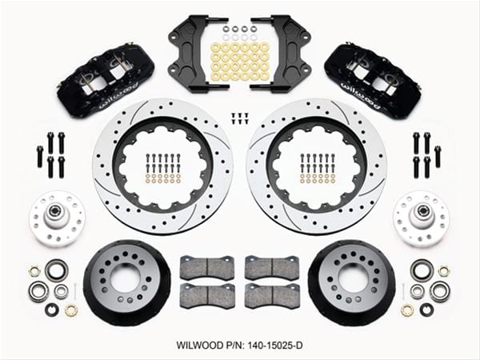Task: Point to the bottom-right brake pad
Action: coord(271,295)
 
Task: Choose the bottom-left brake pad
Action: coord(206,295)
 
